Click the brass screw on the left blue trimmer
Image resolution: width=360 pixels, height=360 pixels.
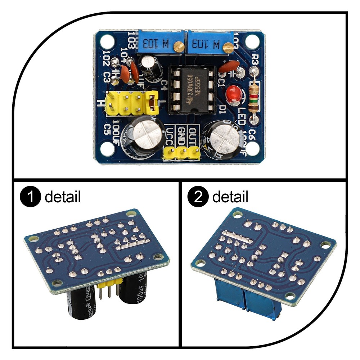(x=177, y=46)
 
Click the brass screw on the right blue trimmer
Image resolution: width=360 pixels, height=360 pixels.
(x=228, y=46)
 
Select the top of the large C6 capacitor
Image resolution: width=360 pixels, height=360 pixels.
(x=221, y=135)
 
